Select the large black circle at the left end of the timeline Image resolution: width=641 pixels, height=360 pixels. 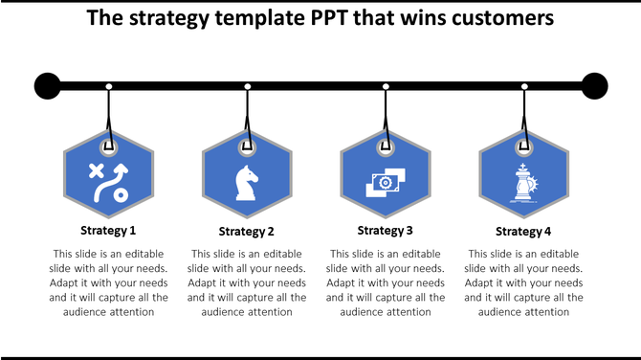tap(48, 86)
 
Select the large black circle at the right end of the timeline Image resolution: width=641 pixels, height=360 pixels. tap(595, 86)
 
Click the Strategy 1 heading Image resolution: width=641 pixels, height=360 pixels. tap(108, 231)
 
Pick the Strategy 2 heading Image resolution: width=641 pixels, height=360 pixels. tap(247, 231)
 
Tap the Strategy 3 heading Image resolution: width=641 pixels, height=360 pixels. tap(386, 230)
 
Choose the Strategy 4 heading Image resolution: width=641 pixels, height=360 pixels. tap(523, 231)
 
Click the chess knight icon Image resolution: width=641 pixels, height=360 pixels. tap(246, 181)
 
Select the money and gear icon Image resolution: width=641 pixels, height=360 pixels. tap(386, 181)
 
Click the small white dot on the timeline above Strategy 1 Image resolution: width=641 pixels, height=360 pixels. tap(109, 87)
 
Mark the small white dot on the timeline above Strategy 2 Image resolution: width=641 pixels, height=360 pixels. tap(248, 87)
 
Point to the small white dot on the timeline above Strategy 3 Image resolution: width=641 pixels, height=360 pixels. tap(387, 87)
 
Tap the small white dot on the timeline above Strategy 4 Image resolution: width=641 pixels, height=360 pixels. tap(524, 87)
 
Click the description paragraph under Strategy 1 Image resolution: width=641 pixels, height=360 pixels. tap(108, 282)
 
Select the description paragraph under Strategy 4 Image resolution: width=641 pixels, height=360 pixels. tap(523, 282)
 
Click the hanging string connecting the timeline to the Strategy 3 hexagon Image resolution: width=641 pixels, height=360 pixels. tap(387, 117)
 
